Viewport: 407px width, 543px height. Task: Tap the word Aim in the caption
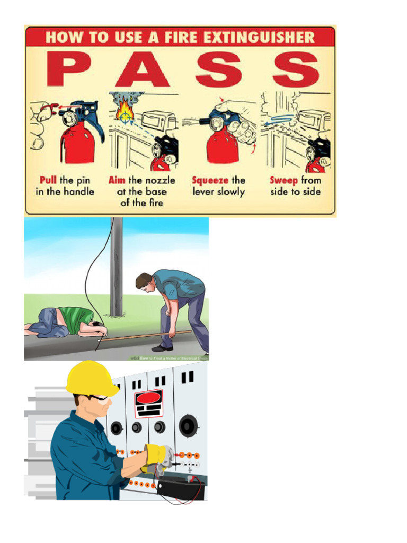tap(117, 180)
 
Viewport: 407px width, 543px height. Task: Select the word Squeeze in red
tap(210, 180)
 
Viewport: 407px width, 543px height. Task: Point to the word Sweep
tap(284, 180)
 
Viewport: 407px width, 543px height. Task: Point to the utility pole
tap(116, 265)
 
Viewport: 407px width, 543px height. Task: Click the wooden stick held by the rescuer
tap(143, 336)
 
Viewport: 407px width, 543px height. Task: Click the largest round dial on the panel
tap(188, 425)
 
